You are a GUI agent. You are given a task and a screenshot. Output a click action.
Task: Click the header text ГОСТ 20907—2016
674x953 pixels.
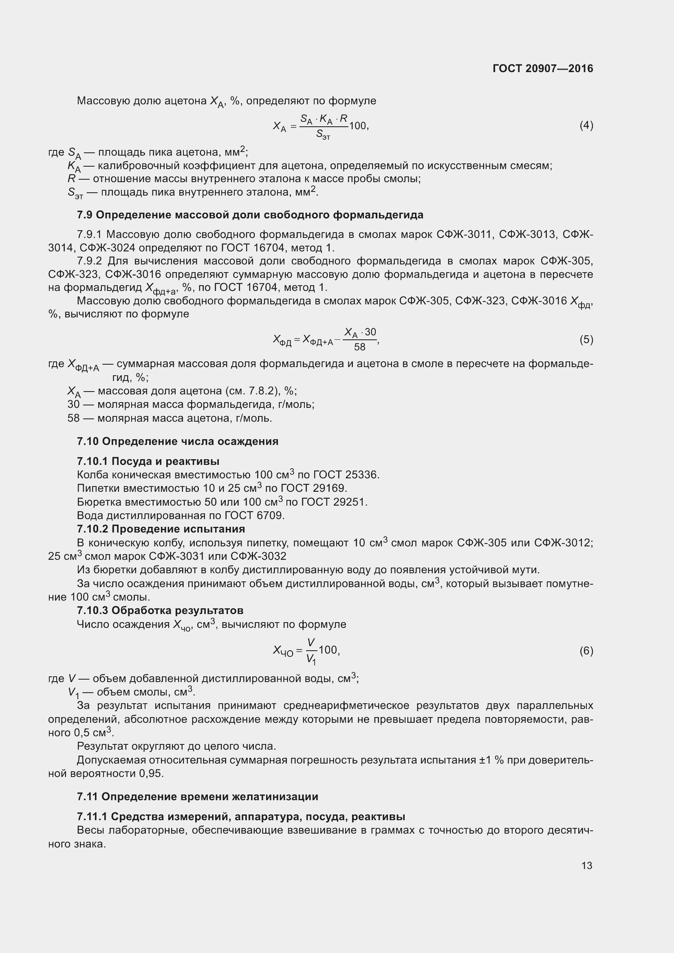(x=542, y=68)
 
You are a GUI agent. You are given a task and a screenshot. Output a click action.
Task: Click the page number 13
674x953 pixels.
(x=586, y=865)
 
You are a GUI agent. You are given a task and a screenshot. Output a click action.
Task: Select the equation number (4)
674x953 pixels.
(x=586, y=125)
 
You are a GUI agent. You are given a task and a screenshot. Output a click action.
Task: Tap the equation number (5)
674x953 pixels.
(x=586, y=340)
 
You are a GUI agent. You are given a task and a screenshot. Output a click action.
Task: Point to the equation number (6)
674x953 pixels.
(x=586, y=650)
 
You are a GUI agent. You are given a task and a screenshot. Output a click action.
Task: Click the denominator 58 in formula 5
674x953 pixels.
(x=359, y=347)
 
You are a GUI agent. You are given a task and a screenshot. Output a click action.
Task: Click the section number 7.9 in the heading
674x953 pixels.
(x=85, y=215)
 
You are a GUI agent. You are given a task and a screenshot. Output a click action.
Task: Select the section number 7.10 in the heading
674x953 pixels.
(x=88, y=441)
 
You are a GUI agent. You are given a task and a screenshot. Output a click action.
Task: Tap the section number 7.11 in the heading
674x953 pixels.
(x=88, y=797)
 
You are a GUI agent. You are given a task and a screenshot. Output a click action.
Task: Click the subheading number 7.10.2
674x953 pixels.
(x=93, y=529)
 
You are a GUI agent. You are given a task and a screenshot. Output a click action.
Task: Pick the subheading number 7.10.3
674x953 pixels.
(x=93, y=611)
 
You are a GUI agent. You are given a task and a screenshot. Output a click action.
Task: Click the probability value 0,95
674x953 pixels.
(x=152, y=774)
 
